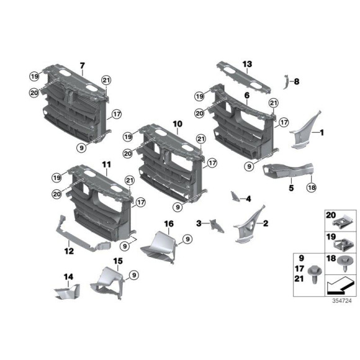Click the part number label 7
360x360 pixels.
pos(81,65)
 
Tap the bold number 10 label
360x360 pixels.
pos(177,124)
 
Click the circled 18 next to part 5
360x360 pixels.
pos(312,187)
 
